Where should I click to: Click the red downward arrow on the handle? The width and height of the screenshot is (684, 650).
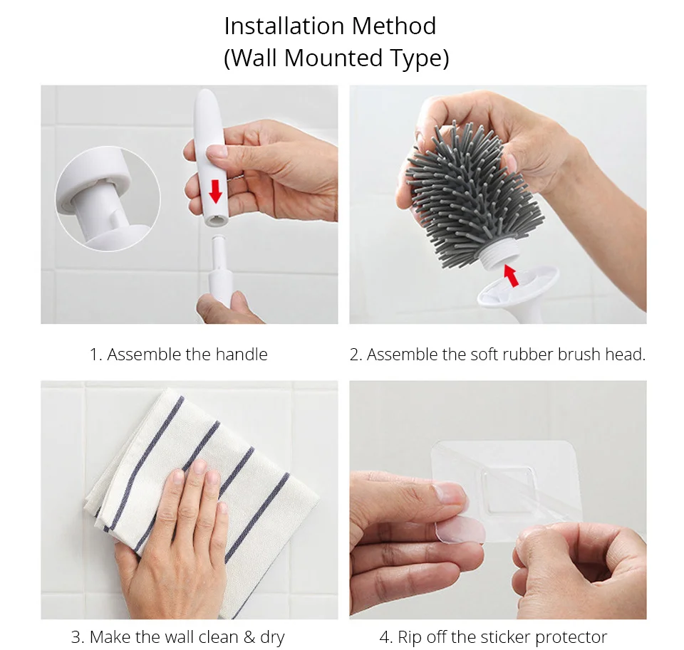[215, 192]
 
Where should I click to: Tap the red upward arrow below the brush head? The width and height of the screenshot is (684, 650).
[511, 276]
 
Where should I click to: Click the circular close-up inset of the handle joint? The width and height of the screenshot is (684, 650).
[108, 199]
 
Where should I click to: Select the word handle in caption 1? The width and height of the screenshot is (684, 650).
[242, 355]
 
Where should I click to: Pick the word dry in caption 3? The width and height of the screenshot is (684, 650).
[272, 637]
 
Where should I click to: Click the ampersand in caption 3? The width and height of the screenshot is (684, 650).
[249, 637]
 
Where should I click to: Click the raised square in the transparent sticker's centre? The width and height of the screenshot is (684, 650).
[508, 488]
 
